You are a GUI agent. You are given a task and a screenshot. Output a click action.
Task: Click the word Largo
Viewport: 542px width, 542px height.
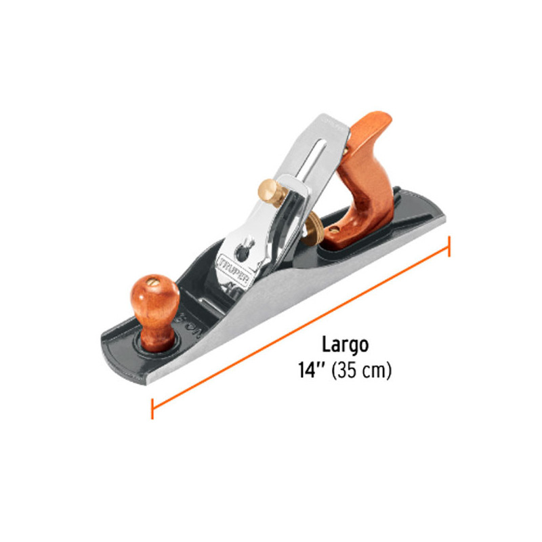[345, 345]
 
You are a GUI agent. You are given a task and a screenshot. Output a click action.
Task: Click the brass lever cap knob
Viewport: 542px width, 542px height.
[269, 193]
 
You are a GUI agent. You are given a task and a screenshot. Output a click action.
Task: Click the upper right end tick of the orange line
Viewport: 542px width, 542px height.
[449, 247]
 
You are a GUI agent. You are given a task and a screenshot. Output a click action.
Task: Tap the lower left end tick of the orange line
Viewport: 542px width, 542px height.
[152, 408]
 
